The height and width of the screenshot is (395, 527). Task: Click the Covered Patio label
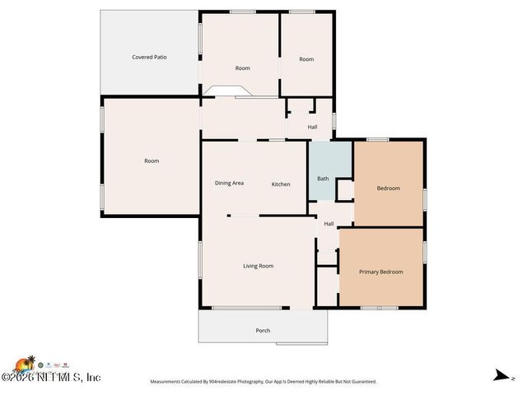point(150,57)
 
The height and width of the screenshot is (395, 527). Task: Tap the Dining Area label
point(229,183)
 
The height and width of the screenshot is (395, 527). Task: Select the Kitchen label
point(281,184)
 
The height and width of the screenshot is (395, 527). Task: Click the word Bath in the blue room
point(323,179)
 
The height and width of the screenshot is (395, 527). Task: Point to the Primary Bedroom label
point(381,272)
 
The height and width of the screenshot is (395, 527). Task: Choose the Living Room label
point(258,266)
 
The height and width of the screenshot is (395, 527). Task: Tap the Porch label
point(263,330)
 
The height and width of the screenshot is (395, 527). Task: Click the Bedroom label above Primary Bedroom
point(388,188)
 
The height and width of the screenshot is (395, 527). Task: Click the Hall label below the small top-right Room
point(312,127)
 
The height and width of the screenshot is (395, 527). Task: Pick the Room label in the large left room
point(152,160)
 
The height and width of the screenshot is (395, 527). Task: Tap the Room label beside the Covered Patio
point(242,67)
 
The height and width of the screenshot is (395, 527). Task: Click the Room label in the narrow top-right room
point(306,59)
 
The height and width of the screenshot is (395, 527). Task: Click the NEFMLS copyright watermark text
point(51,378)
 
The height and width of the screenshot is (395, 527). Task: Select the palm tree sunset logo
point(25,363)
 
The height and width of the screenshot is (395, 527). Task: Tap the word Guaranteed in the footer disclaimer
point(361,382)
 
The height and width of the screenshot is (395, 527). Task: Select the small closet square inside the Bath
point(345,190)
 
